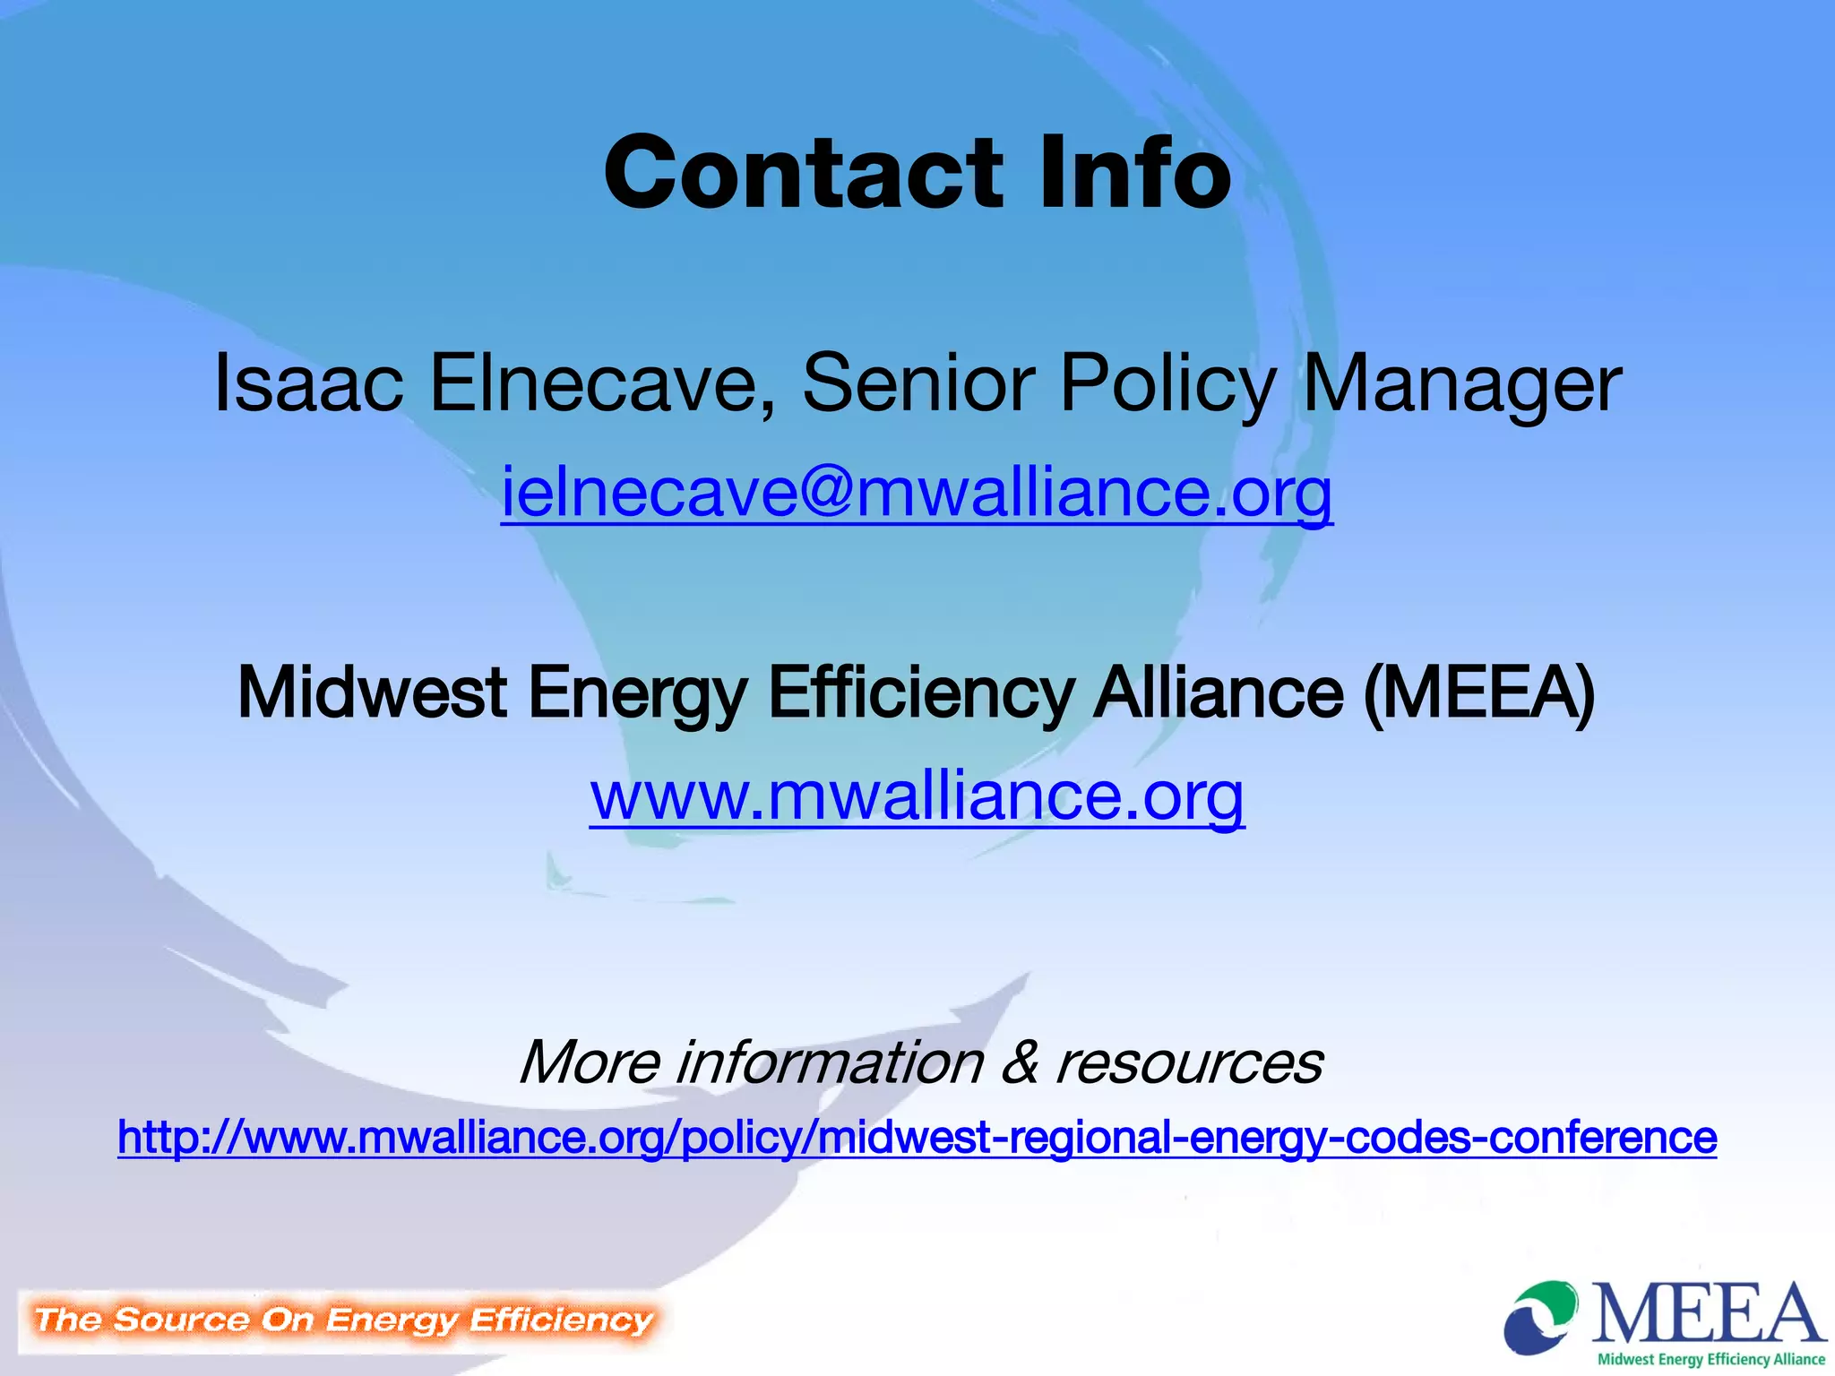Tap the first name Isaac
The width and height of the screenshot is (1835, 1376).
pyautogui.click(x=308, y=383)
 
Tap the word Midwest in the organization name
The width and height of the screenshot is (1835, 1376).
pyautogui.click(x=373, y=692)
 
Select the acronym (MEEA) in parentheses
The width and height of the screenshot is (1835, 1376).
pyautogui.click(x=1478, y=692)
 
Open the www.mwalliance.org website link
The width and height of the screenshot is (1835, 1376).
pyautogui.click(x=917, y=795)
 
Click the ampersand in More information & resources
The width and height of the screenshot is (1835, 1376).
pyautogui.click(x=1021, y=1062)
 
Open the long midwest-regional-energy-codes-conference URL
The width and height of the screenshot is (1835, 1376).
pyautogui.click(x=917, y=1138)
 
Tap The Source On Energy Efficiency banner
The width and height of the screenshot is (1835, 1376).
pyautogui.click(x=343, y=1320)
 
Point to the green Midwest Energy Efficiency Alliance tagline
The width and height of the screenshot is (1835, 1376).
pyautogui.click(x=1710, y=1359)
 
